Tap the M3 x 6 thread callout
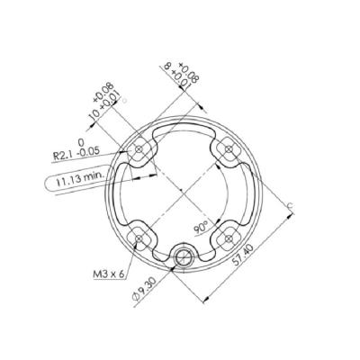click(x=108, y=271)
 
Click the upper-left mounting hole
click(x=140, y=149)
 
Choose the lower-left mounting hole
click(x=139, y=236)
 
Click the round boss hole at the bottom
click(x=183, y=256)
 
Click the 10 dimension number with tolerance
click(x=92, y=118)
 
